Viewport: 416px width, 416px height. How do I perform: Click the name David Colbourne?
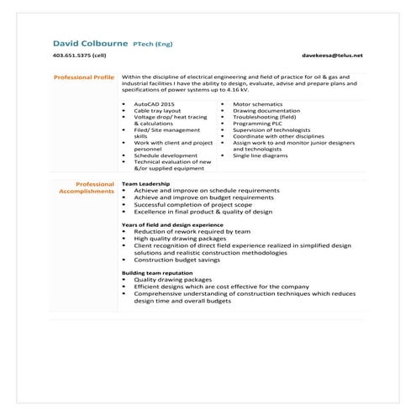[90, 42]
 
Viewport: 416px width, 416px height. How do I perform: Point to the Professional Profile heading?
[83, 76]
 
